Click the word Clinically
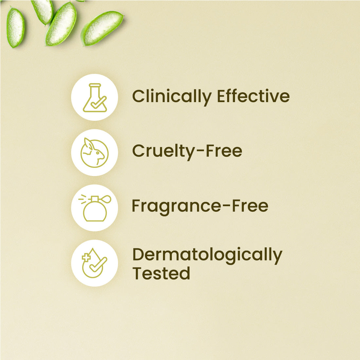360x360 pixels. (x=172, y=97)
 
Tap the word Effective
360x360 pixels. (x=253, y=96)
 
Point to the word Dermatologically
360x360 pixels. (x=207, y=256)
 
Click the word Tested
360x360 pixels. (x=161, y=273)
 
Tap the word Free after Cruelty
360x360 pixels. (x=224, y=151)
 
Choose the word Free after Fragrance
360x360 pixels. (x=250, y=206)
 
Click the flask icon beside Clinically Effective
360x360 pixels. (x=95, y=98)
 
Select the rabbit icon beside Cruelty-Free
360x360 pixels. (x=94, y=153)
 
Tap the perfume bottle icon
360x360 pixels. (x=95, y=208)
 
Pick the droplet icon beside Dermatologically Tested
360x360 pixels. (x=94, y=263)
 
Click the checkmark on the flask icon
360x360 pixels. (x=99, y=102)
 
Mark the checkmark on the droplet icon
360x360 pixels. (x=98, y=264)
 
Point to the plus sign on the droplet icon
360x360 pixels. (x=86, y=258)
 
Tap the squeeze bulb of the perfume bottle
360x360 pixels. (x=107, y=199)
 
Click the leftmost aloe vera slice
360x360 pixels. (x=15, y=27)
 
